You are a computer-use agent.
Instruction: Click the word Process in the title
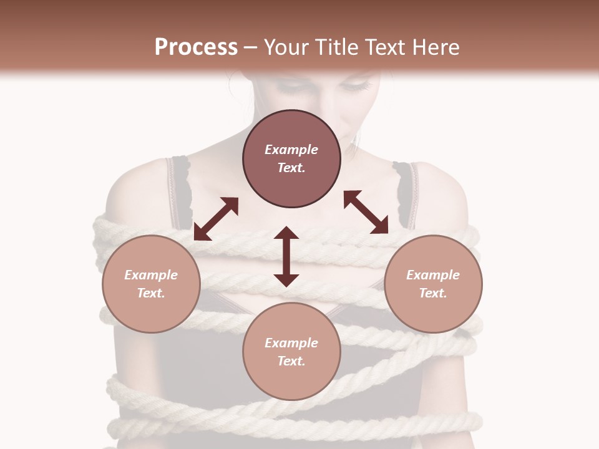[x=196, y=47]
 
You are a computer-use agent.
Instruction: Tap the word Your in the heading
[x=285, y=47]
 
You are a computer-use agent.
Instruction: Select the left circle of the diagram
[x=151, y=284]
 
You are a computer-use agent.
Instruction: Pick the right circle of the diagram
[x=433, y=284]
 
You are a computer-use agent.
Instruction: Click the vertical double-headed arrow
[x=286, y=256]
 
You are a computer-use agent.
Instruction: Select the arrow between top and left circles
[x=216, y=219]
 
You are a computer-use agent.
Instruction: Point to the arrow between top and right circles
[x=366, y=212]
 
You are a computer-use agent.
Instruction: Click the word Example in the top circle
[x=291, y=150]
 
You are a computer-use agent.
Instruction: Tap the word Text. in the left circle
[x=151, y=293]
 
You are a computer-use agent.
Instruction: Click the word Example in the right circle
[x=433, y=275]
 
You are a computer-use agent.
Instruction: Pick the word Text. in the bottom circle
[x=291, y=361]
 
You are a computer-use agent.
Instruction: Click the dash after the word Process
[x=251, y=48]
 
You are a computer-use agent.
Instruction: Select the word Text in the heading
[x=385, y=47]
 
